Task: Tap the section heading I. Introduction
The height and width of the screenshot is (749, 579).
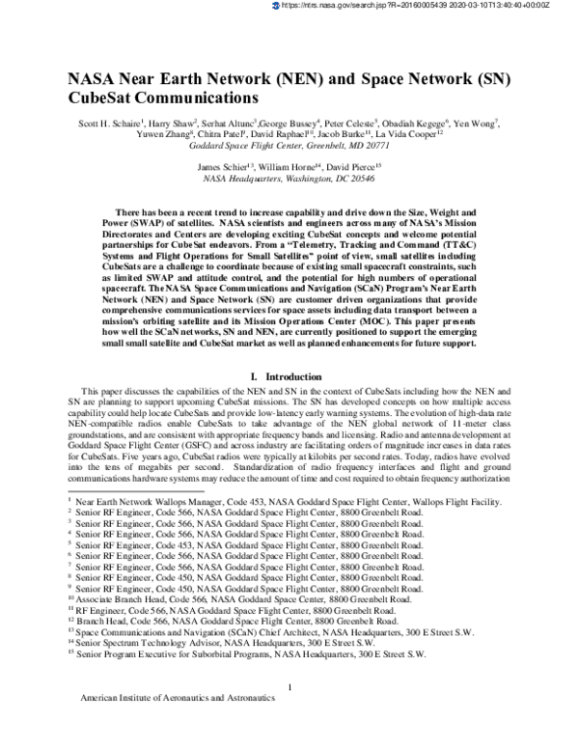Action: click(289, 374)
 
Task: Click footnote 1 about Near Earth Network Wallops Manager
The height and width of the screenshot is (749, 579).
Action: click(288, 502)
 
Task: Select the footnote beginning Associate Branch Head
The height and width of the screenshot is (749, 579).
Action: click(241, 598)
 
